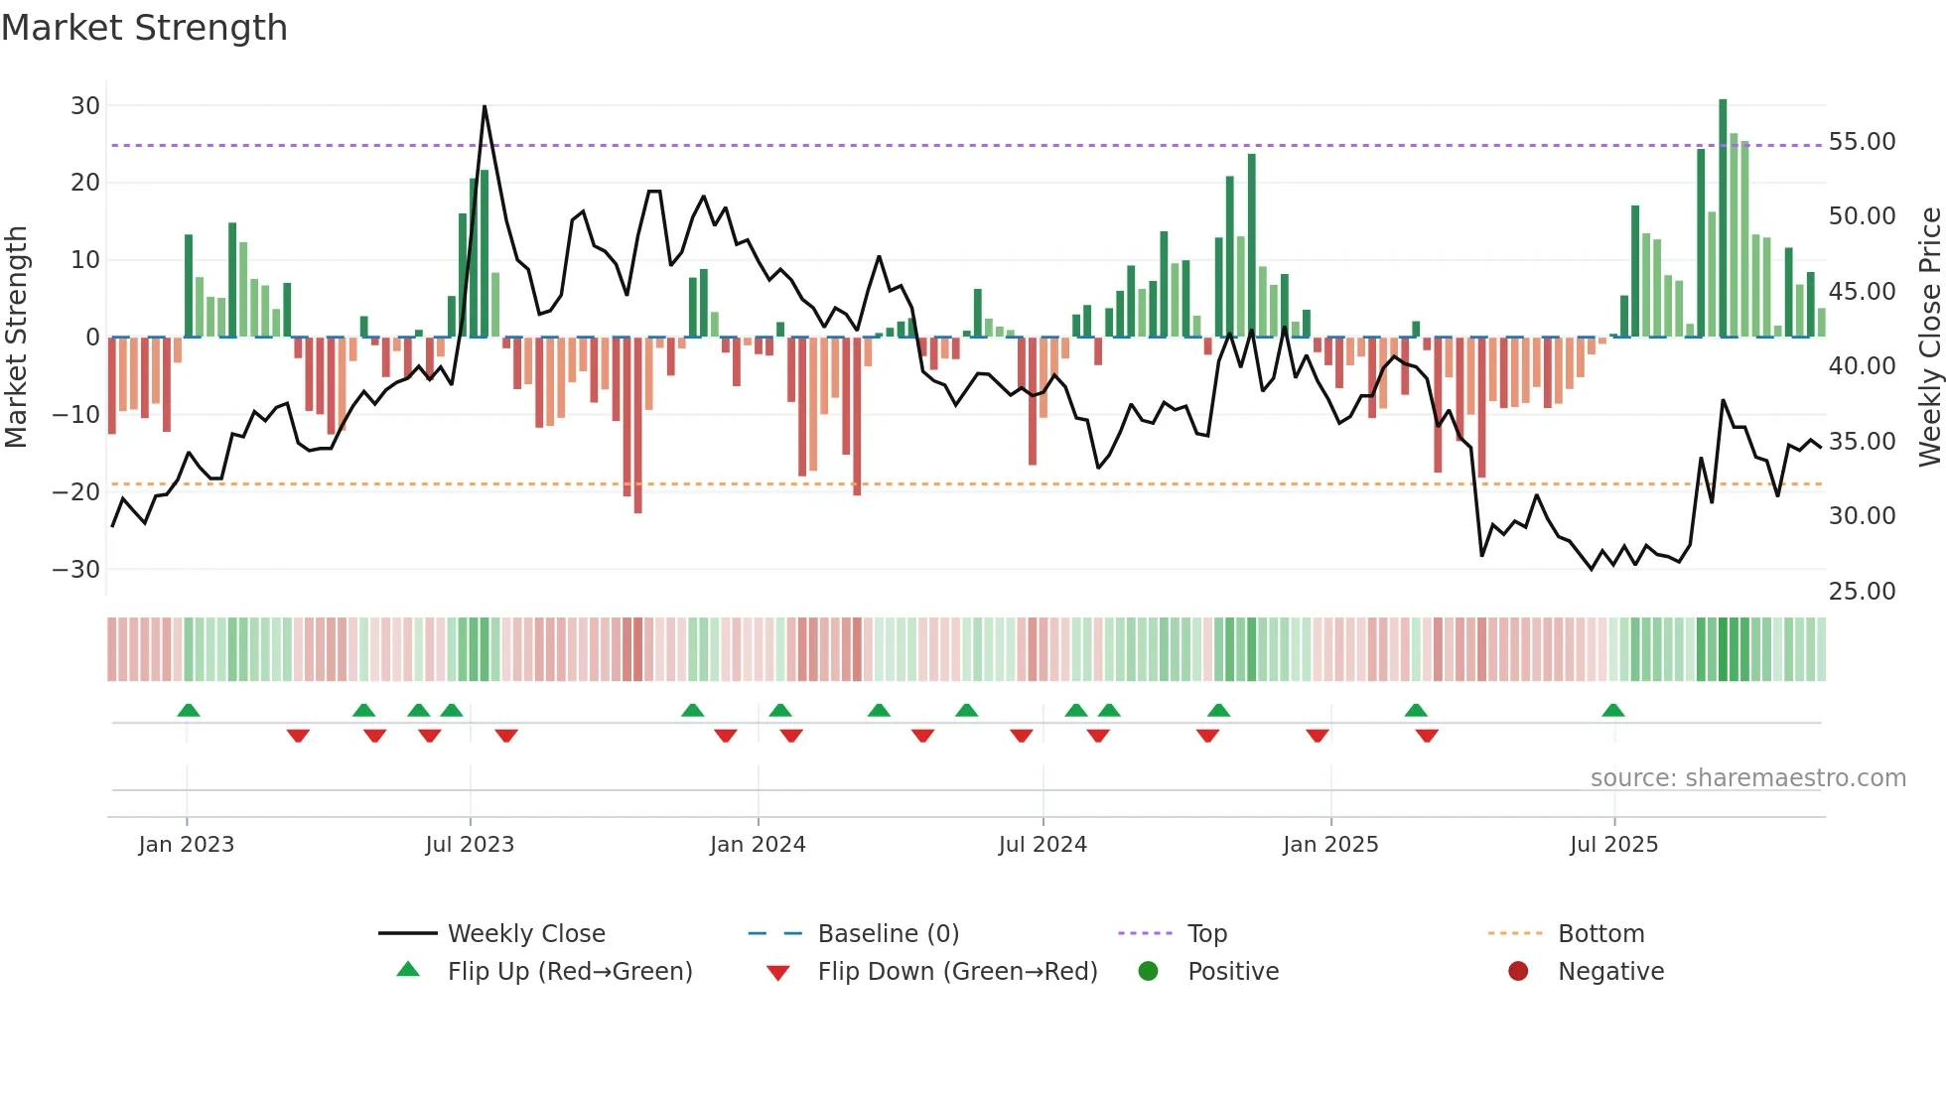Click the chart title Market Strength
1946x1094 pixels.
click(x=144, y=28)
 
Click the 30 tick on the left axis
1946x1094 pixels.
click(x=85, y=105)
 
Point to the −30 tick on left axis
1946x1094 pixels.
click(x=76, y=569)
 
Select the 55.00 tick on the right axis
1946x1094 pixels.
click(x=1862, y=142)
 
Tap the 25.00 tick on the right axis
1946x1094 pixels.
click(x=1862, y=591)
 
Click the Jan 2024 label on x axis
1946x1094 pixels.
click(x=758, y=844)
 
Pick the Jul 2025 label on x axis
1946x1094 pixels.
click(x=1613, y=844)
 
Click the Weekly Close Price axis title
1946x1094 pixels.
click(x=1929, y=337)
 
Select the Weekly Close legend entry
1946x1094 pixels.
click(x=525, y=933)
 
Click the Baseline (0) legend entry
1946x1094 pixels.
click(x=888, y=933)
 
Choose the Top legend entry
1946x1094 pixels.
click(x=1206, y=933)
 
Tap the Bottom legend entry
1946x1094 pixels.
click(x=1600, y=933)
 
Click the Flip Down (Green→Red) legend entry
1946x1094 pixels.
click(x=957, y=971)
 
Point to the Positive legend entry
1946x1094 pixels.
click(x=1232, y=971)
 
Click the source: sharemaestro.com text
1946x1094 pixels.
click(x=1747, y=777)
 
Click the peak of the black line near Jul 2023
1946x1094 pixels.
click(x=485, y=106)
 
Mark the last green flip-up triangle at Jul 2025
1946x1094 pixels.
click(x=1613, y=710)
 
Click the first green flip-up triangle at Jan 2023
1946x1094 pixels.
click(x=189, y=710)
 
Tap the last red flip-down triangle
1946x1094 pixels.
click(x=1427, y=736)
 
